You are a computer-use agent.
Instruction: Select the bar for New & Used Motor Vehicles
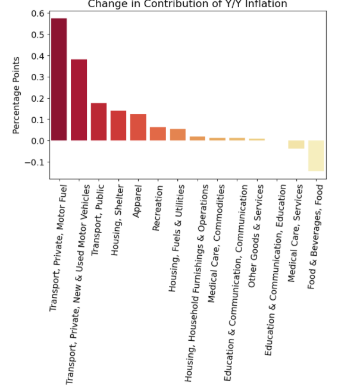tap(79, 100)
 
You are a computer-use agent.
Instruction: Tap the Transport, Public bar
tap(99, 122)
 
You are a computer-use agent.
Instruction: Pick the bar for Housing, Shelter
tap(118, 125)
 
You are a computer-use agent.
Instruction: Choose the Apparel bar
tap(138, 127)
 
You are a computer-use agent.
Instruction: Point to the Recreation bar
tap(158, 134)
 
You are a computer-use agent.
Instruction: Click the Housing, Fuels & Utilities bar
tap(178, 134)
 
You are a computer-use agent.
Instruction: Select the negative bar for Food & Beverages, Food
tap(316, 156)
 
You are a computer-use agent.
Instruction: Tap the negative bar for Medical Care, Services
tap(296, 145)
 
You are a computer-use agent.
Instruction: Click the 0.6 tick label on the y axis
tap(37, 13)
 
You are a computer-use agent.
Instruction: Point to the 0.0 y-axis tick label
tap(37, 141)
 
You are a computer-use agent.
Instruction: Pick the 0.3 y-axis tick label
tap(37, 77)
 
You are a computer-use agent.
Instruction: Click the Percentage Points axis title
tap(17, 95)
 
